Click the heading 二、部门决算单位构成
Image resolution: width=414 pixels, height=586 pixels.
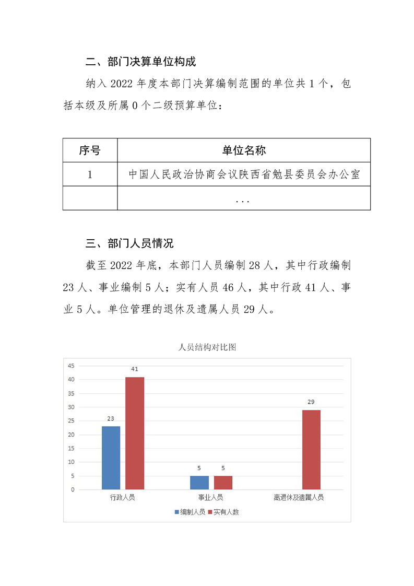click(140, 62)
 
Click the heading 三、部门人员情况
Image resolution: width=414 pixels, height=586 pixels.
click(129, 243)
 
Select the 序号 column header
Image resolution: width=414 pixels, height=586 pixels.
click(90, 150)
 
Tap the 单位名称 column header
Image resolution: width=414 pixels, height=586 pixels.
click(244, 150)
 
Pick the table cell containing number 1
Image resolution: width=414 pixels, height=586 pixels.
click(90, 174)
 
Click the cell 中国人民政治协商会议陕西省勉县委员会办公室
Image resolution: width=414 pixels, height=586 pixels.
click(244, 174)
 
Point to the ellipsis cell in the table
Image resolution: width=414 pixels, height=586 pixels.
click(244, 199)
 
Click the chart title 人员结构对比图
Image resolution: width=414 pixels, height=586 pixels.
click(207, 347)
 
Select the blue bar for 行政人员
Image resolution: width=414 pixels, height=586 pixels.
click(111, 458)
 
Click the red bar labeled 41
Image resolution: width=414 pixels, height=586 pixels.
click(135, 433)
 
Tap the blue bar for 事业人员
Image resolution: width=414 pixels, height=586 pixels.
click(199, 483)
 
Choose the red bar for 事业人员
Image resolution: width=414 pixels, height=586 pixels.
click(223, 483)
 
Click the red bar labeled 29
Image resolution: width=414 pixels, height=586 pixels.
click(311, 450)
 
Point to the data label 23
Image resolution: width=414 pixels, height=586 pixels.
click(111, 418)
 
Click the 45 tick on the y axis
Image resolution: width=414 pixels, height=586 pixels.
click(72, 366)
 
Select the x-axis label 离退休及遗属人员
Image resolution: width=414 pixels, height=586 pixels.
click(299, 498)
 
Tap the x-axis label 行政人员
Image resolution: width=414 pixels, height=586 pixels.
click(123, 498)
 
